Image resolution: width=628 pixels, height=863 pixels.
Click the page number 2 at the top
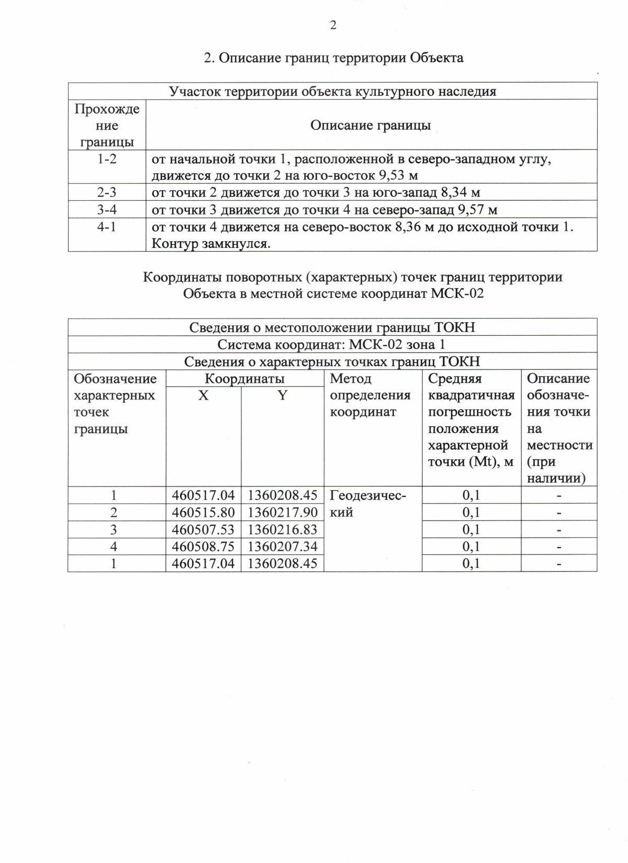(333, 25)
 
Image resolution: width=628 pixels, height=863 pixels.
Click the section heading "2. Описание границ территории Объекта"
(333, 58)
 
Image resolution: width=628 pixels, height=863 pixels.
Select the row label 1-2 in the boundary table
(107, 159)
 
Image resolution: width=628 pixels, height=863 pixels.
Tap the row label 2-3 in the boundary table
(107, 192)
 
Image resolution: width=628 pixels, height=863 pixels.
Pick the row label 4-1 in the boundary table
(107, 227)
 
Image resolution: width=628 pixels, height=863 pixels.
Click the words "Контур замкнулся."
(211, 244)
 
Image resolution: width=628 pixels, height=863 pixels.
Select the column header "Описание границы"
(371, 125)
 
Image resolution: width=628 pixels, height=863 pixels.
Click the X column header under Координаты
(203, 396)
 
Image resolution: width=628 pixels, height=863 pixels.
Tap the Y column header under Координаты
(282, 396)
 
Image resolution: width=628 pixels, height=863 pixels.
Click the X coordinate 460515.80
(203, 512)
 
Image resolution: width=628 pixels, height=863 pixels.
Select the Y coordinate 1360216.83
(283, 529)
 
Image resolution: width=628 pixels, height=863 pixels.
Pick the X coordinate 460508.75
(203, 547)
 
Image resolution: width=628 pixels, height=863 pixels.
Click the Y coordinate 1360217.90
(283, 512)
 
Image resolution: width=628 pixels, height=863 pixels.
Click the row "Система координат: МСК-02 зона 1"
(332, 345)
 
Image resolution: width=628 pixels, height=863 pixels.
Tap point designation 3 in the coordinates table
(114, 529)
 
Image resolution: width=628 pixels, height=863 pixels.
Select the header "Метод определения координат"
(370, 395)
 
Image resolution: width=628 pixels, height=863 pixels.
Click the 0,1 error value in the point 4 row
(471, 547)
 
